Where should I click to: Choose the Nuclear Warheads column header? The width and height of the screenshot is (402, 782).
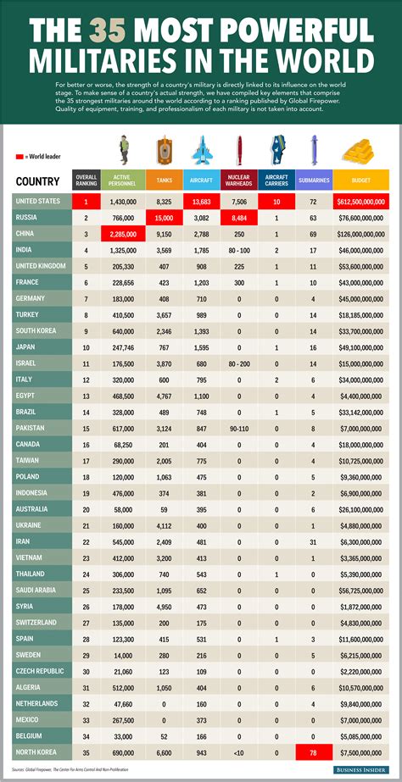pyautogui.click(x=239, y=180)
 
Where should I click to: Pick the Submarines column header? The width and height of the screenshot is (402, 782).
pyautogui.click(x=313, y=180)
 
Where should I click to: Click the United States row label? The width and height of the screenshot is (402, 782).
pyautogui.click(x=39, y=202)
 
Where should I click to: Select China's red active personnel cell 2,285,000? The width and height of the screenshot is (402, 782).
pyautogui.click(x=121, y=234)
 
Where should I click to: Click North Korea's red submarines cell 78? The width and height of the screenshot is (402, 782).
pyautogui.click(x=313, y=752)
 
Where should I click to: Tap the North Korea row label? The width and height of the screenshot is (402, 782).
pyautogui.click(x=37, y=752)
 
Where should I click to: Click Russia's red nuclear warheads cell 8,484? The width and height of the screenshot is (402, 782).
pyautogui.click(x=239, y=218)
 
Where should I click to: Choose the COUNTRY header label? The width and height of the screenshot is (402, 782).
pyautogui.click(x=37, y=180)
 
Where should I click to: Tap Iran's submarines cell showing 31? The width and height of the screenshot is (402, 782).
pyautogui.click(x=313, y=541)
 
